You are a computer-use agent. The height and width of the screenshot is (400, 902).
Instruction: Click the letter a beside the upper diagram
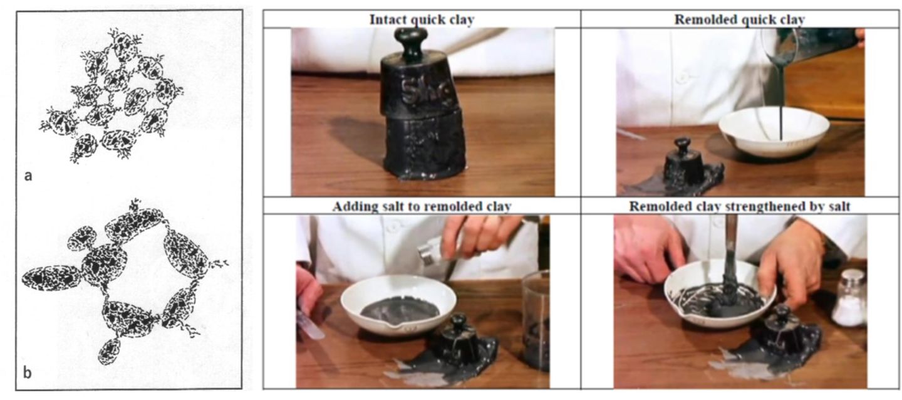(28, 176)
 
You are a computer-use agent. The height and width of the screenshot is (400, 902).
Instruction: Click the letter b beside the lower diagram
(27, 372)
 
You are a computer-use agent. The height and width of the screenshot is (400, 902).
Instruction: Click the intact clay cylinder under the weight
(424, 145)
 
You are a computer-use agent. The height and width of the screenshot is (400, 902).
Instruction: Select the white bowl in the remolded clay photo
(773, 132)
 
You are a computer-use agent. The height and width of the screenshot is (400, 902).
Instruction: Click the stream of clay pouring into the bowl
(781, 101)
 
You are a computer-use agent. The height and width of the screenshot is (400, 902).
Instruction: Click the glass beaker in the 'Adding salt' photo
(536, 320)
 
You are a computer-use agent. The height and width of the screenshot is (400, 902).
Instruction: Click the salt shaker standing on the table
(849, 298)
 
